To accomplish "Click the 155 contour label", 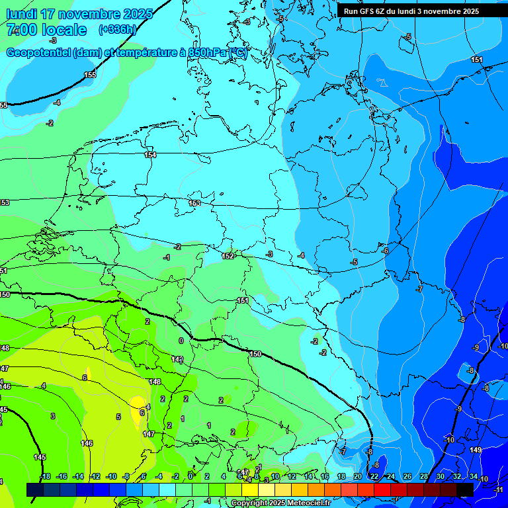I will (90, 75).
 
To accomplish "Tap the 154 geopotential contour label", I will (151, 155).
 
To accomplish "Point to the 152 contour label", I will (228, 256).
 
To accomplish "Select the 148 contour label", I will (155, 382).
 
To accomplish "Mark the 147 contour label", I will (149, 435).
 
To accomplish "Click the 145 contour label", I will (40, 457).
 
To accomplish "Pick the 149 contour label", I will (476, 450).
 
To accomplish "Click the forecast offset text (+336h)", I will (117, 29).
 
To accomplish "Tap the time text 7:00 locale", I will (46, 30).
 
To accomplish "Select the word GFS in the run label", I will (368, 11).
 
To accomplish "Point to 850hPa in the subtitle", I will (207, 53).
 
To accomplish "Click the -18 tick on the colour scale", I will (45, 476).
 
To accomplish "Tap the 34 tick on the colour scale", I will (473, 476).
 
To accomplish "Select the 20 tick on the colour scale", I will (357, 476).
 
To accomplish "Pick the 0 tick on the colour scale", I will (190, 476).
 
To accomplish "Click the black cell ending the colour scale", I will (464, 489).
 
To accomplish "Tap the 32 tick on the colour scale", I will (456, 476).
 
